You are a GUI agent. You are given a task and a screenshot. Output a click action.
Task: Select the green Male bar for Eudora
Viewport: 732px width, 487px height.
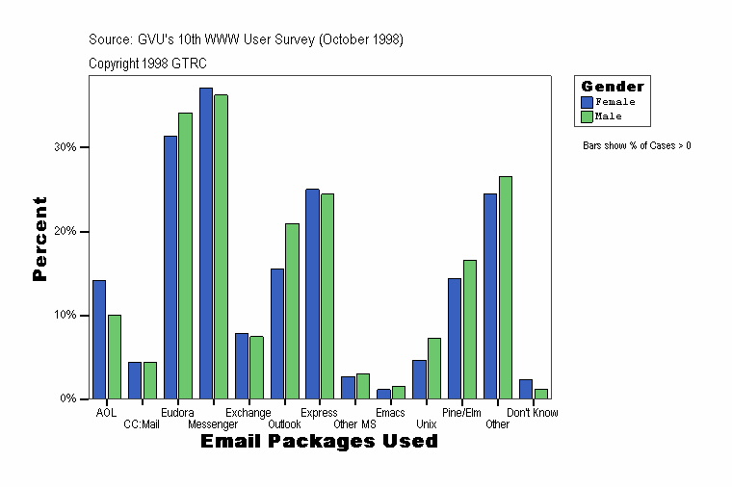(185, 255)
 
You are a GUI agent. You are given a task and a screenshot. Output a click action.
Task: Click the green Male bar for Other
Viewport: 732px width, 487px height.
(505, 287)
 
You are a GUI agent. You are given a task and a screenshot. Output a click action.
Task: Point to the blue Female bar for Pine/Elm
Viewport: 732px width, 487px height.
(455, 338)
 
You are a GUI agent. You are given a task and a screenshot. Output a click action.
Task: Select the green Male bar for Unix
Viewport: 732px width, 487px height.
(434, 368)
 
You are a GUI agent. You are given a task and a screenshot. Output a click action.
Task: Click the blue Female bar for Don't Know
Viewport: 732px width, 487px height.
(526, 389)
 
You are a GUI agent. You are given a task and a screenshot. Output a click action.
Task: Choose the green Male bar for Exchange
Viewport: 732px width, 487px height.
(256, 367)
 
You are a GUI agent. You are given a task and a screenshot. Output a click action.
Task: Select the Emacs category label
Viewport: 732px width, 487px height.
(390, 413)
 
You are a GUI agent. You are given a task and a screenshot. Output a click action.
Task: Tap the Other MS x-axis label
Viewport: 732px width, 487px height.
(354, 424)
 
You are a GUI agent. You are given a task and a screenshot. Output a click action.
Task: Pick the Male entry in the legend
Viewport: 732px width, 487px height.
(609, 116)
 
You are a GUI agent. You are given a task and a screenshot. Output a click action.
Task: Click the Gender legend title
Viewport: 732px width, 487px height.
(613, 87)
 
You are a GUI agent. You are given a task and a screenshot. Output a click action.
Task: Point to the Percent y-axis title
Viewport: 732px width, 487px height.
(39, 238)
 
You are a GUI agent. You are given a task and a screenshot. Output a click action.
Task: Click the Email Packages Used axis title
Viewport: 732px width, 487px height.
(319, 442)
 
